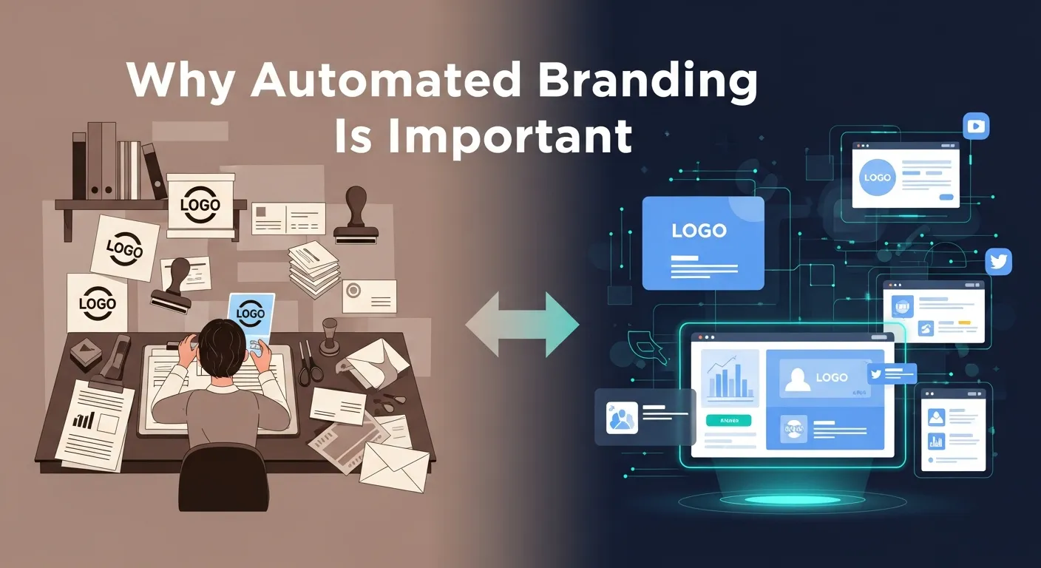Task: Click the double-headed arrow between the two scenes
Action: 522,324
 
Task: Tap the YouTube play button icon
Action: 976,126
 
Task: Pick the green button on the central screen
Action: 728,420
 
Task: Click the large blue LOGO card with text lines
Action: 702,243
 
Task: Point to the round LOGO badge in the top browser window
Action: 878,178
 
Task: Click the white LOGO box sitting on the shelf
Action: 200,205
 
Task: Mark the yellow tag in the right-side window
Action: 963,323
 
